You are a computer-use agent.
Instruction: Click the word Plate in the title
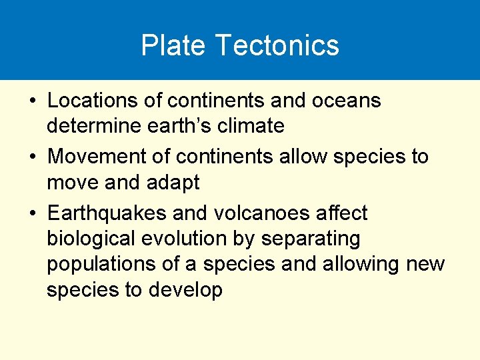pos(173,46)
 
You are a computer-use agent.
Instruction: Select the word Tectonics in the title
pos(277,46)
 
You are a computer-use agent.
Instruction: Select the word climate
pos(255,126)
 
